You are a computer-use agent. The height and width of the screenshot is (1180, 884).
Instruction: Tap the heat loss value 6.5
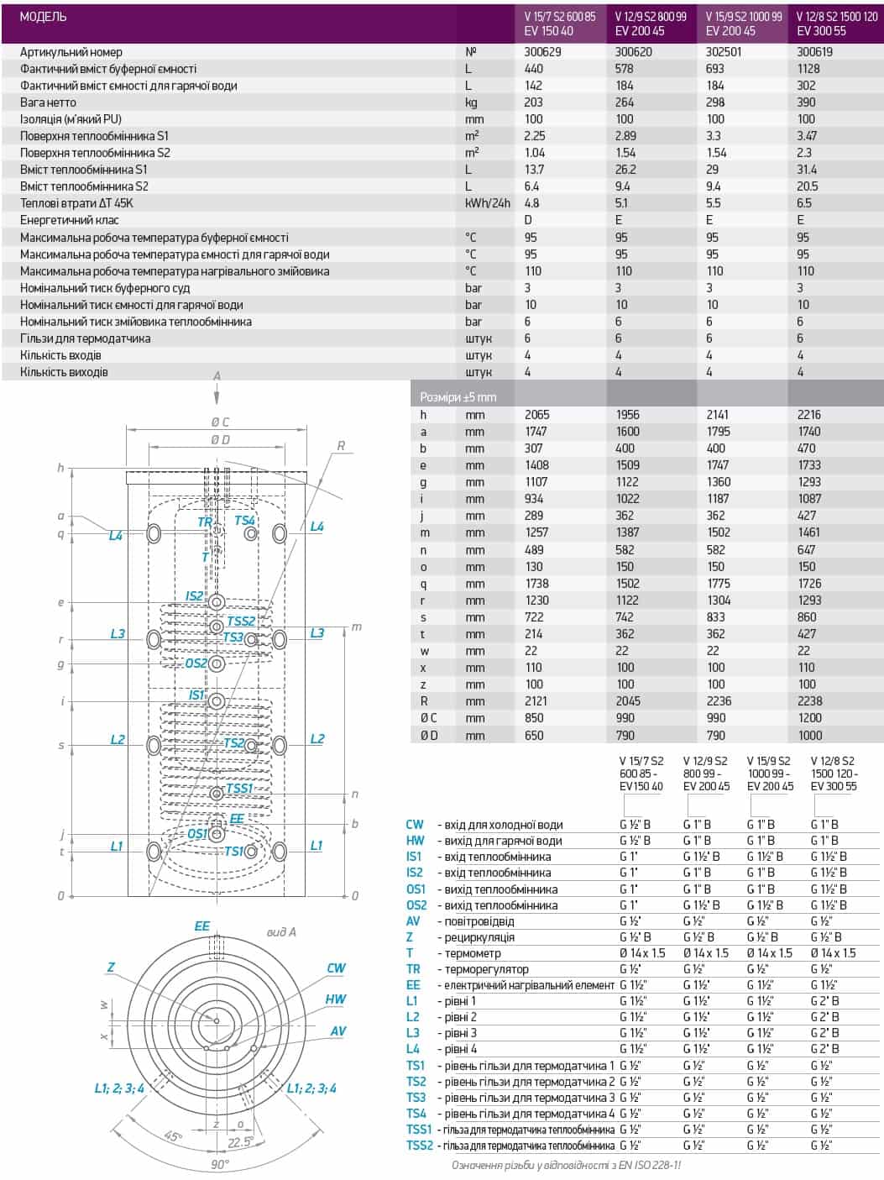(x=803, y=203)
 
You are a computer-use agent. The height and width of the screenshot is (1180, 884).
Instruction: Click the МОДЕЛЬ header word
(x=42, y=17)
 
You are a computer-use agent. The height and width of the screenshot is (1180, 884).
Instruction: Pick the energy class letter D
(x=528, y=220)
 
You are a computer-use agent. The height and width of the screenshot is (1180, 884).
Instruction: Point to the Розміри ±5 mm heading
(x=458, y=397)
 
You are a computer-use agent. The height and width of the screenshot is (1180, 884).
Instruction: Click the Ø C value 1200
(x=809, y=718)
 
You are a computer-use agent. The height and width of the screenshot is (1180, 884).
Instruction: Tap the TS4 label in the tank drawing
(x=244, y=521)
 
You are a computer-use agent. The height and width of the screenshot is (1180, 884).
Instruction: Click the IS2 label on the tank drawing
(x=194, y=596)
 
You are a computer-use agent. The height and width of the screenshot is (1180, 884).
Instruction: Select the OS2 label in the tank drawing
(x=196, y=663)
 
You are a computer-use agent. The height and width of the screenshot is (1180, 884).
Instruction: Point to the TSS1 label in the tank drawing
(x=239, y=788)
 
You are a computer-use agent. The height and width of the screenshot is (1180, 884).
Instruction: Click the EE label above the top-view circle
(x=202, y=926)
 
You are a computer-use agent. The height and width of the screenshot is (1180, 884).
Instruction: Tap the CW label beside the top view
(x=336, y=968)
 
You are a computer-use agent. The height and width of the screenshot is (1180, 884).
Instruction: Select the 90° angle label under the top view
(x=220, y=1165)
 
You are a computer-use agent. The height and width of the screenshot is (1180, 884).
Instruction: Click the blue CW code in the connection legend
(x=415, y=825)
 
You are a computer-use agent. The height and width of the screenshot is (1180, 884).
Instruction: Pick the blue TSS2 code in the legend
(x=419, y=1146)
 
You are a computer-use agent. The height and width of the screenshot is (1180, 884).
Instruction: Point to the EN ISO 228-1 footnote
(x=566, y=1166)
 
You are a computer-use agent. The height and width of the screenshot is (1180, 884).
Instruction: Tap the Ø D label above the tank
(x=221, y=439)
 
